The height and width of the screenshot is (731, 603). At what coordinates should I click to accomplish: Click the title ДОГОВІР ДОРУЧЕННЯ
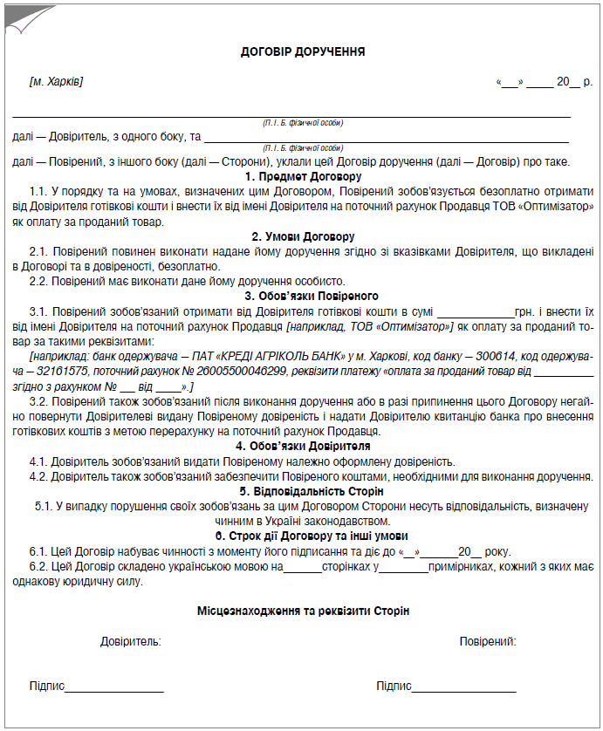click(x=303, y=52)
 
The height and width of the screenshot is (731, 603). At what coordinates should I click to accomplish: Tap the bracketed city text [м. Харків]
click(x=56, y=82)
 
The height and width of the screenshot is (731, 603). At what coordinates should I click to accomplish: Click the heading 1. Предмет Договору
click(x=303, y=176)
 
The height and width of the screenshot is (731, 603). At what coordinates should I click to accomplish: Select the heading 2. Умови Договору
click(x=303, y=236)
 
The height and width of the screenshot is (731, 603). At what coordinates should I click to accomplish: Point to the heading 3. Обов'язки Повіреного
click(x=303, y=296)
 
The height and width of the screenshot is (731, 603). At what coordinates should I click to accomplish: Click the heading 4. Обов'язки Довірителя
click(x=303, y=446)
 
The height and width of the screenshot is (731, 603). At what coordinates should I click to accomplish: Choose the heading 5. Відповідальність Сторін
click(x=303, y=491)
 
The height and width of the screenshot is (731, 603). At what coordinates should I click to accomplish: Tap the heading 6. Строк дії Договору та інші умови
click(x=303, y=536)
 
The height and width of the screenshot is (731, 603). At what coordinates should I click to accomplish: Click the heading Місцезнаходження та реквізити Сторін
click(x=303, y=611)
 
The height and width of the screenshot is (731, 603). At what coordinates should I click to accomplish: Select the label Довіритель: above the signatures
click(x=130, y=642)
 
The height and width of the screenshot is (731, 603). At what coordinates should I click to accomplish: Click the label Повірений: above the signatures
click(x=488, y=642)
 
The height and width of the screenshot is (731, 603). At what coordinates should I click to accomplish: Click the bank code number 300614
click(x=490, y=356)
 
